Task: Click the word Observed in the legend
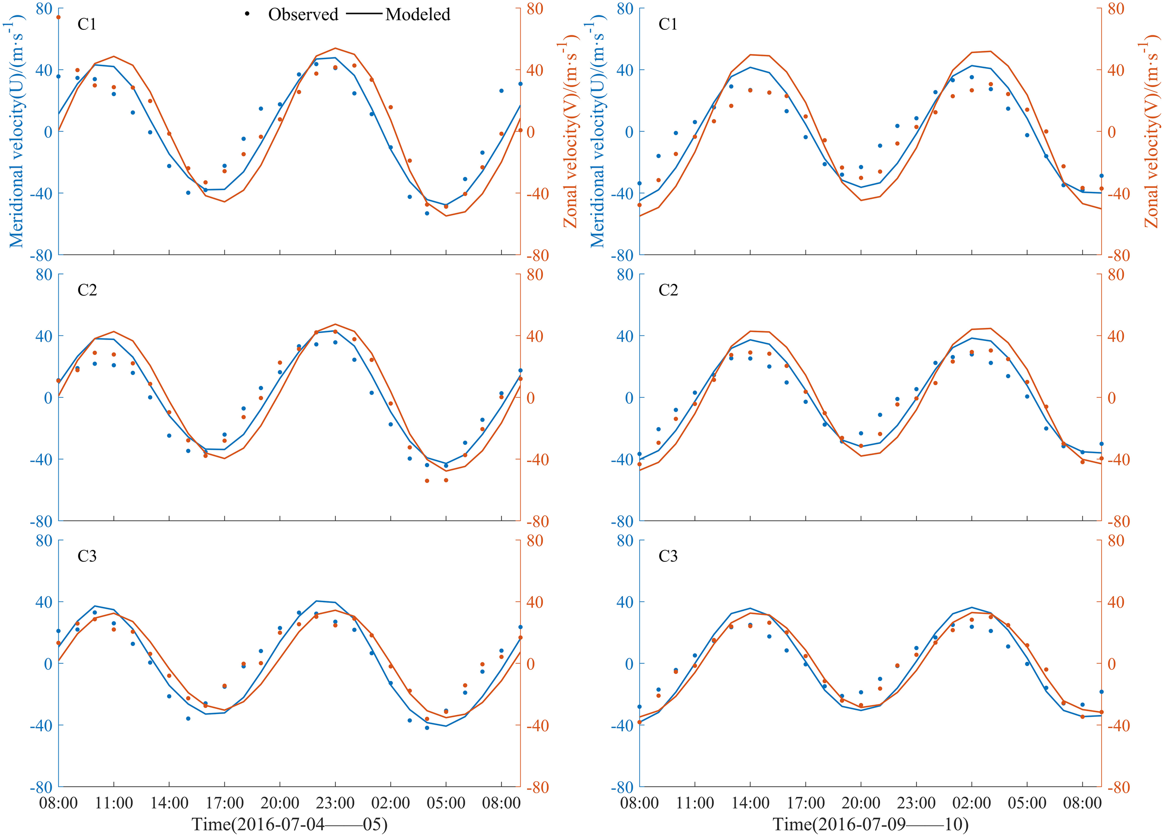[303, 14]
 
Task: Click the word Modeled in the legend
[418, 14]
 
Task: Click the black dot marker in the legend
[247, 14]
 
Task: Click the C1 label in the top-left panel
[87, 24]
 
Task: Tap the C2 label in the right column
[668, 290]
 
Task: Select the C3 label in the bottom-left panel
[87, 556]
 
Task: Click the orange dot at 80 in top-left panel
[59, 17]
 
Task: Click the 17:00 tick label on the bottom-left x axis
[224, 803]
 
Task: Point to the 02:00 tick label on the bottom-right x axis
[971, 803]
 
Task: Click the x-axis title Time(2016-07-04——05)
[290, 824]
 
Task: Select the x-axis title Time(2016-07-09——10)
[870, 824]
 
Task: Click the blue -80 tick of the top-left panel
[41, 255]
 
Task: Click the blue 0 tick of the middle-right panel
[629, 398]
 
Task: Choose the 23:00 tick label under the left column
[335, 803]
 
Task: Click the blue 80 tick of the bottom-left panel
[44, 541]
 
